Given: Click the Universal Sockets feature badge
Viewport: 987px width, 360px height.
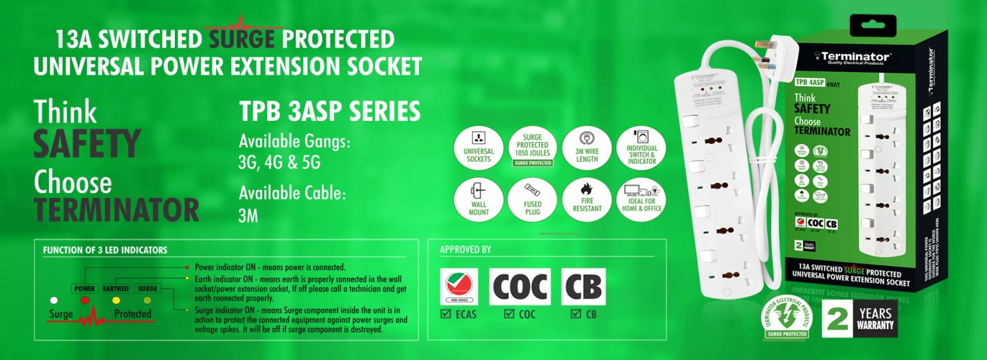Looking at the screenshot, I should (x=478, y=147).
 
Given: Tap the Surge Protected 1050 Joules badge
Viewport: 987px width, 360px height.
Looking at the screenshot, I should (x=533, y=147).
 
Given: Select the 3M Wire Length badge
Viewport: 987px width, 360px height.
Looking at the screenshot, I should (x=587, y=147).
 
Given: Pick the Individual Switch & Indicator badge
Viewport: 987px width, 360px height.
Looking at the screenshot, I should (x=641, y=147).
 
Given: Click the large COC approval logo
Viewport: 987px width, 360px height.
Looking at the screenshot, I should (x=519, y=287).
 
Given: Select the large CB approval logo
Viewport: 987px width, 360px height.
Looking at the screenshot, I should (x=583, y=287).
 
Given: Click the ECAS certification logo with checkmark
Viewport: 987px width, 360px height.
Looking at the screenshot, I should (x=458, y=287).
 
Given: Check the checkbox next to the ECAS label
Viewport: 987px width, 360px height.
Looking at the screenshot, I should (x=446, y=314).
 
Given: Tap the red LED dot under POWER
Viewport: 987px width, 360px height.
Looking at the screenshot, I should (x=85, y=300).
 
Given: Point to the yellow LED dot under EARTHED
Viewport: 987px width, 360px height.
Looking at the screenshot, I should (x=116, y=300).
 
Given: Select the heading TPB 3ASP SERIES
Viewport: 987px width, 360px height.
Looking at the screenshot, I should (x=330, y=112).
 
